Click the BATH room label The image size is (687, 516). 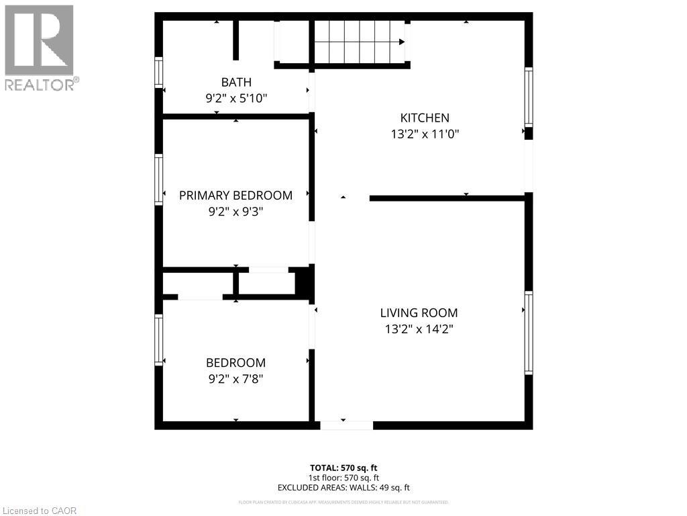pyautogui.click(x=236, y=82)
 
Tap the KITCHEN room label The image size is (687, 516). pyautogui.click(x=425, y=118)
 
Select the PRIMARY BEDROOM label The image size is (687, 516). pyautogui.click(x=235, y=196)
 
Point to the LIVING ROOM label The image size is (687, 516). pyautogui.click(x=419, y=312)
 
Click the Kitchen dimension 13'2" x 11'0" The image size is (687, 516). pyautogui.click(x=425, y=134)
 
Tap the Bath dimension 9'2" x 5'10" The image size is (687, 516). pyautogui.click(x=236, y=98)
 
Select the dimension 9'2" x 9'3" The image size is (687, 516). pyautogui.click(x=235, y=212)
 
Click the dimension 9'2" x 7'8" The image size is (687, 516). pyautogui.click(x=235, y=378)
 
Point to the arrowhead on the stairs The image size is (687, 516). pyautogui.click(x=401, y=42)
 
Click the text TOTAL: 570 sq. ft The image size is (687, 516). pyautogui.click(x=343, y=468)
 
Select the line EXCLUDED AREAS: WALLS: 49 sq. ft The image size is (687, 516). pyautogui.click(x=343, y=488)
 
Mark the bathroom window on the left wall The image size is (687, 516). pyautogui.click(x=159, y=73)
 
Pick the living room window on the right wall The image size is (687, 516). pyautogui.click(x=529, y=333)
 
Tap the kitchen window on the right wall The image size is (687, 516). pyautogui.click(x=529, y=97)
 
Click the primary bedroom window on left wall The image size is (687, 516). pyautogui.click(x=159, y=179)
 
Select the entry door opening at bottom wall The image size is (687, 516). pyautogui.click(x=346, y=425)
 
